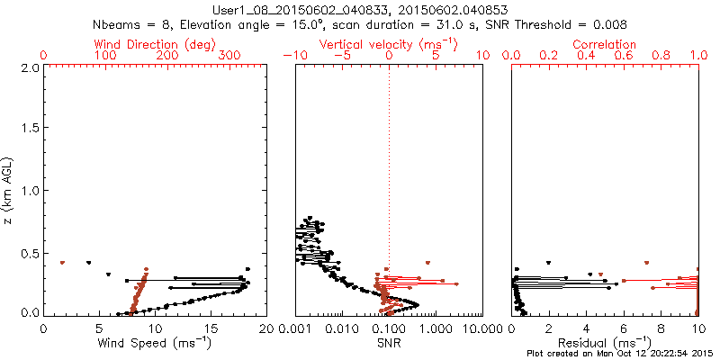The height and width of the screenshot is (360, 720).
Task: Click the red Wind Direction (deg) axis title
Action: [x=155, y=44]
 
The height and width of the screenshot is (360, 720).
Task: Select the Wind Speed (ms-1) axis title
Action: [x=155, y=343]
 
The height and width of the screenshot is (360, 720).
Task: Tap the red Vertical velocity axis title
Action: [x=388, y=44]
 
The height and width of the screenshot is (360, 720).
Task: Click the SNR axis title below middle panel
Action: [x=389, y=343]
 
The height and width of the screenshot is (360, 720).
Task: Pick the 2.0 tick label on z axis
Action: [x=31, y=68]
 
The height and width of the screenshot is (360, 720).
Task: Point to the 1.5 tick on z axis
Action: [x=31, y=130]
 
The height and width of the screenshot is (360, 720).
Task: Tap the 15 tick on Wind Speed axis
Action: [x=211, y=328]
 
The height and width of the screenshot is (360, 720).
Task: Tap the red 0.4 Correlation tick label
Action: [x=588, y=56]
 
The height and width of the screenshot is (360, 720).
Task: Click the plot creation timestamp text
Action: [x=621, y=354]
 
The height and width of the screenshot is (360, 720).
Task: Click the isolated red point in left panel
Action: [x=62, y=262]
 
